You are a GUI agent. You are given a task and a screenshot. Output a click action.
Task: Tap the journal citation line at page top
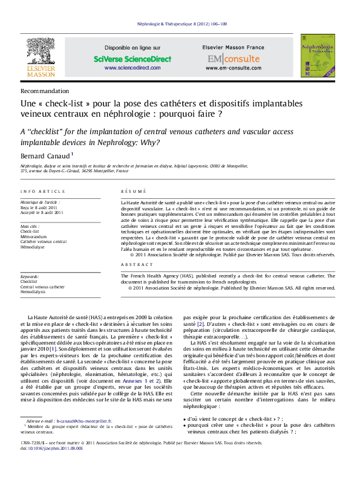(180, 23)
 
